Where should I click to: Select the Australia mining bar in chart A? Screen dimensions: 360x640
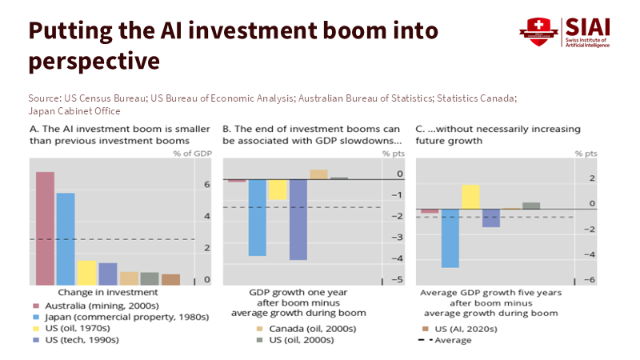click(45, 228)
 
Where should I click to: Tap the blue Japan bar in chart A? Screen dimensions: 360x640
click(66, 238)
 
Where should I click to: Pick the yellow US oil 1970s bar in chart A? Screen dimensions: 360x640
click(86, 272)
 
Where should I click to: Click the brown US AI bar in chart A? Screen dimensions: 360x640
click(170, 279)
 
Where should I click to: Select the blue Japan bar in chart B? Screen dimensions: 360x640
click(257, 217)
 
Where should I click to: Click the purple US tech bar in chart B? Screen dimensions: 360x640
click(298, 219)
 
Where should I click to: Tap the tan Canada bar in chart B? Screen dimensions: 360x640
click(318, 174)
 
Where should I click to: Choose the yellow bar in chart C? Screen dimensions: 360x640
click(470, 197)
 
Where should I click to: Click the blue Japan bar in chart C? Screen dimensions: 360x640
click(450, 238)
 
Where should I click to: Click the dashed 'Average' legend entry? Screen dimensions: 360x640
click(448, 340)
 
